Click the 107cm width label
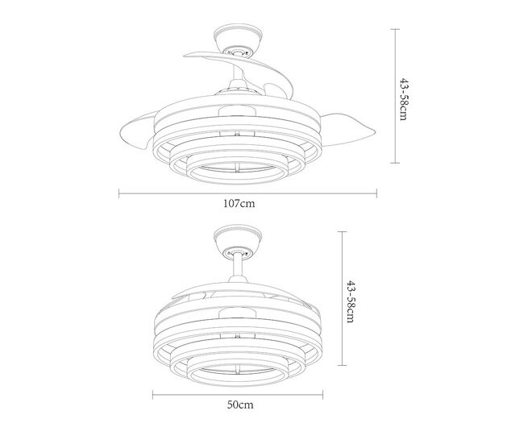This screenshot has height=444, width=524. pos(239,203)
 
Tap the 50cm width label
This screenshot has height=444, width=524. pos(240,405)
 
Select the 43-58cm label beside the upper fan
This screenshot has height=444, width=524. pos(404,99)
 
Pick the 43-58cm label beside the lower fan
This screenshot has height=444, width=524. pos(351,301)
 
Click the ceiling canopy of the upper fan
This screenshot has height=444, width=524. pos(238,39)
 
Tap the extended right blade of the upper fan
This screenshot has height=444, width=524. pos(347,129)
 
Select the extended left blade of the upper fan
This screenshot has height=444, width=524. pos(137,131)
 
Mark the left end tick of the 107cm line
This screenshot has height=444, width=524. pos(119,193)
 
